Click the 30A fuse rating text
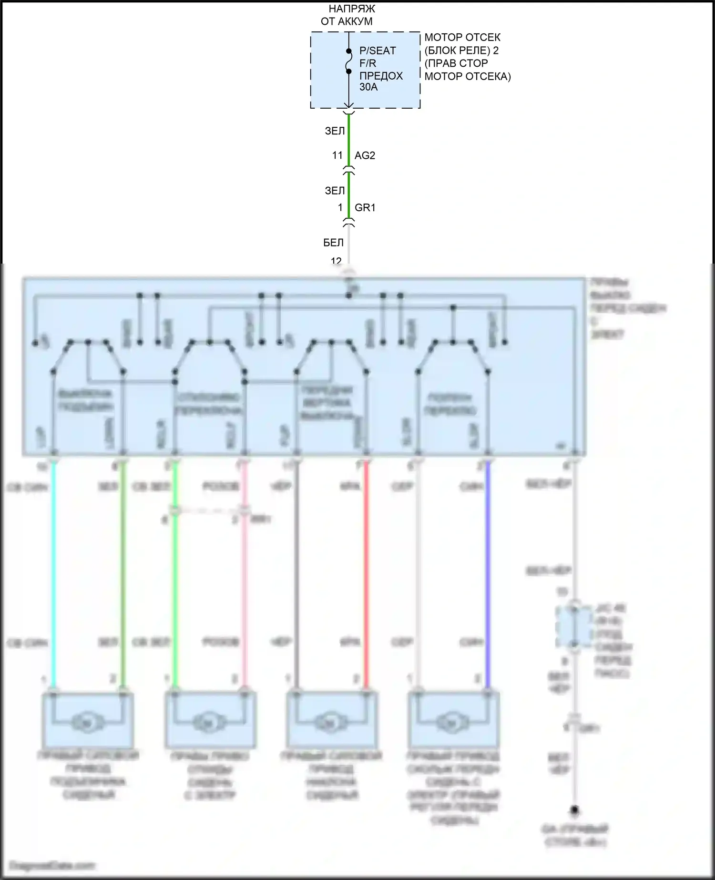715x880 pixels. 368,87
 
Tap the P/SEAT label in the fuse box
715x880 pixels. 378,51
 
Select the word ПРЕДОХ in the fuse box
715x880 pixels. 381,76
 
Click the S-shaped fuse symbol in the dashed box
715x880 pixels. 349,61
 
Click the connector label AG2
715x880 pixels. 365,155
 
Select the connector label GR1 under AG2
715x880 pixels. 365,208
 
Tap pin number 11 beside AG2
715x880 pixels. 337,155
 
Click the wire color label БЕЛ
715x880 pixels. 333,243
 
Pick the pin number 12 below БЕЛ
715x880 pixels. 336,261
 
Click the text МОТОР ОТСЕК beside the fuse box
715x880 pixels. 462,37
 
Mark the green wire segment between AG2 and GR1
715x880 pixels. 349,191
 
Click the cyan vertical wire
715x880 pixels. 53,572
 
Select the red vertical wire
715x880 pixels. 366,572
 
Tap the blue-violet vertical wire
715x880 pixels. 488,572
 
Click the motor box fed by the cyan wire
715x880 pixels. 88,720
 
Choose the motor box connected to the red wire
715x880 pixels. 332,720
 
